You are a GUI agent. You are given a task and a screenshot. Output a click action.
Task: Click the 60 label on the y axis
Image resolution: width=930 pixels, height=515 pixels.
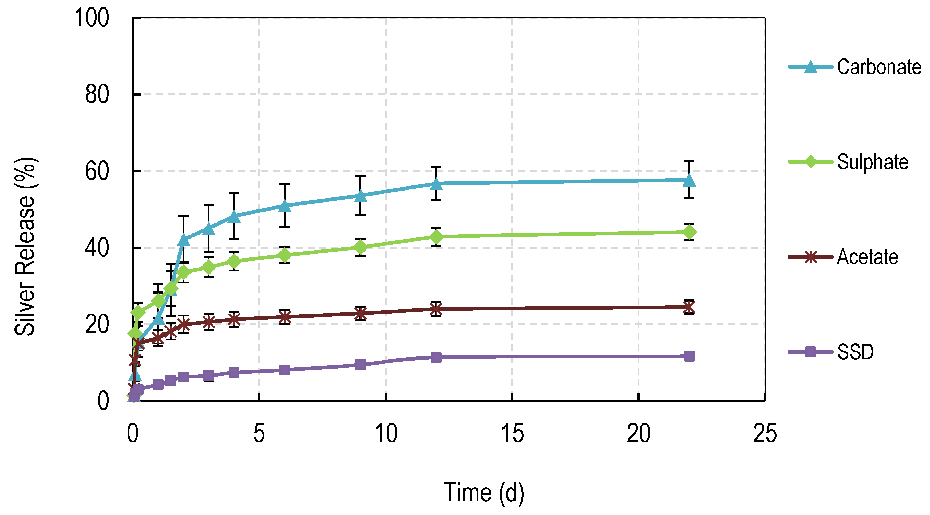(97, 171)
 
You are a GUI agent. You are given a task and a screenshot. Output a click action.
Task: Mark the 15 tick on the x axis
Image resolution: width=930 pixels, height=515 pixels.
(513, 433)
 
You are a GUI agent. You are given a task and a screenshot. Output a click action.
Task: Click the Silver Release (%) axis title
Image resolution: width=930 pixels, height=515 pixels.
(25, 247)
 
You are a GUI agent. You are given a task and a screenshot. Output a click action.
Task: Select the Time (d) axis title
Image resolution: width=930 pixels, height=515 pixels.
(484, 492)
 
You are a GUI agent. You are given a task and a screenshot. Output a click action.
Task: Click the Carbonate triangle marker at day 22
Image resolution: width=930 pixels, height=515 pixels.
(689, 180)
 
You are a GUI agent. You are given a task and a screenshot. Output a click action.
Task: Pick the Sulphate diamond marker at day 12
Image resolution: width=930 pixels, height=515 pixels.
(437, 237)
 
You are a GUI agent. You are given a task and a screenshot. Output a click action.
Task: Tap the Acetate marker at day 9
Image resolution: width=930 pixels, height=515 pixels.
(360, 313)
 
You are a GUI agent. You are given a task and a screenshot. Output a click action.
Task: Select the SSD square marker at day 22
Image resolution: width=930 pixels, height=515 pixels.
(689, 356)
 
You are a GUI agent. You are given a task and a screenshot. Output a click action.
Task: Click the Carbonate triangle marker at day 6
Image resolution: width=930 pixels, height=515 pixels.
(285, 206)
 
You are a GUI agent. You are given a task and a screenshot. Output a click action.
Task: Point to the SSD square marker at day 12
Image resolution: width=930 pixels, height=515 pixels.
(437, 357)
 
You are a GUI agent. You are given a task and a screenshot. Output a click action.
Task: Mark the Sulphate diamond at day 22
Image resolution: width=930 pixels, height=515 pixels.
(689, 232)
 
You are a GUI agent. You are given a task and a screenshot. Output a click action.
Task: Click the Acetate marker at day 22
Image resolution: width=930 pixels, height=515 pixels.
(689, 307)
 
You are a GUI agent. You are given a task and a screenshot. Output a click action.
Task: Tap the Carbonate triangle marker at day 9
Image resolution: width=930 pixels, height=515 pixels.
(360, 196)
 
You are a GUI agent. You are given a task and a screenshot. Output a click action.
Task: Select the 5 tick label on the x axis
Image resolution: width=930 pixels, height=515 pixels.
(259, 433)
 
